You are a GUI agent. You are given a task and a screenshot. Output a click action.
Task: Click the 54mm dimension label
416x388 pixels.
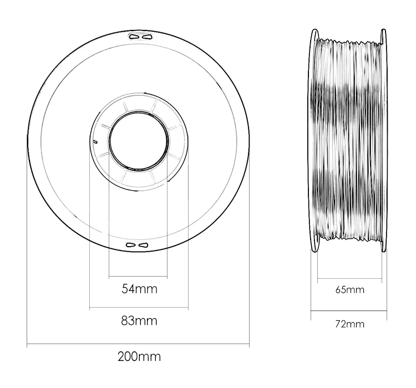tap(139, 289)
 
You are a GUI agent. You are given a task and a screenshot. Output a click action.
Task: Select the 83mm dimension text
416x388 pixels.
tap(139, 320)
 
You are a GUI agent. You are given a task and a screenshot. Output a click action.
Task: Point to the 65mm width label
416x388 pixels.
tap(350, 290)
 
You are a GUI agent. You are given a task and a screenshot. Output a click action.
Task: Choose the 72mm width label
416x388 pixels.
tap(350, 323)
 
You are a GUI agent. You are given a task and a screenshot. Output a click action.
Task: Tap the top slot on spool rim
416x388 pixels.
tap(139, 36)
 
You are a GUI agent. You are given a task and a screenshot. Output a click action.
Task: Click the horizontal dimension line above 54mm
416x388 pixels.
tap(139, 276)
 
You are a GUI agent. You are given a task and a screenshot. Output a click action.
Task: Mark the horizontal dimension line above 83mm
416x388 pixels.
tap(139, 307)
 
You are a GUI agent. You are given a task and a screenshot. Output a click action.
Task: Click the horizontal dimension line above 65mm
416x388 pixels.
tap(350, 280)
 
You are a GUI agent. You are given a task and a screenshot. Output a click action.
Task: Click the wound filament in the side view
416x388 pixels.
tap(350, 139)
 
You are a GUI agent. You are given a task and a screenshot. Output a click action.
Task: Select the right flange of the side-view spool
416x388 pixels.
tap(384, 139)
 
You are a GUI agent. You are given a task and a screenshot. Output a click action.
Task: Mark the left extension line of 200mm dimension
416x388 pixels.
tap(27, 249)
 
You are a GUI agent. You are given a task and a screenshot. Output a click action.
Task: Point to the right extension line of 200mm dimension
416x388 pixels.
tap(250, 249)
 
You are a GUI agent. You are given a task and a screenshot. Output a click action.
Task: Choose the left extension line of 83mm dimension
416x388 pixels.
tap(89, 233)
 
